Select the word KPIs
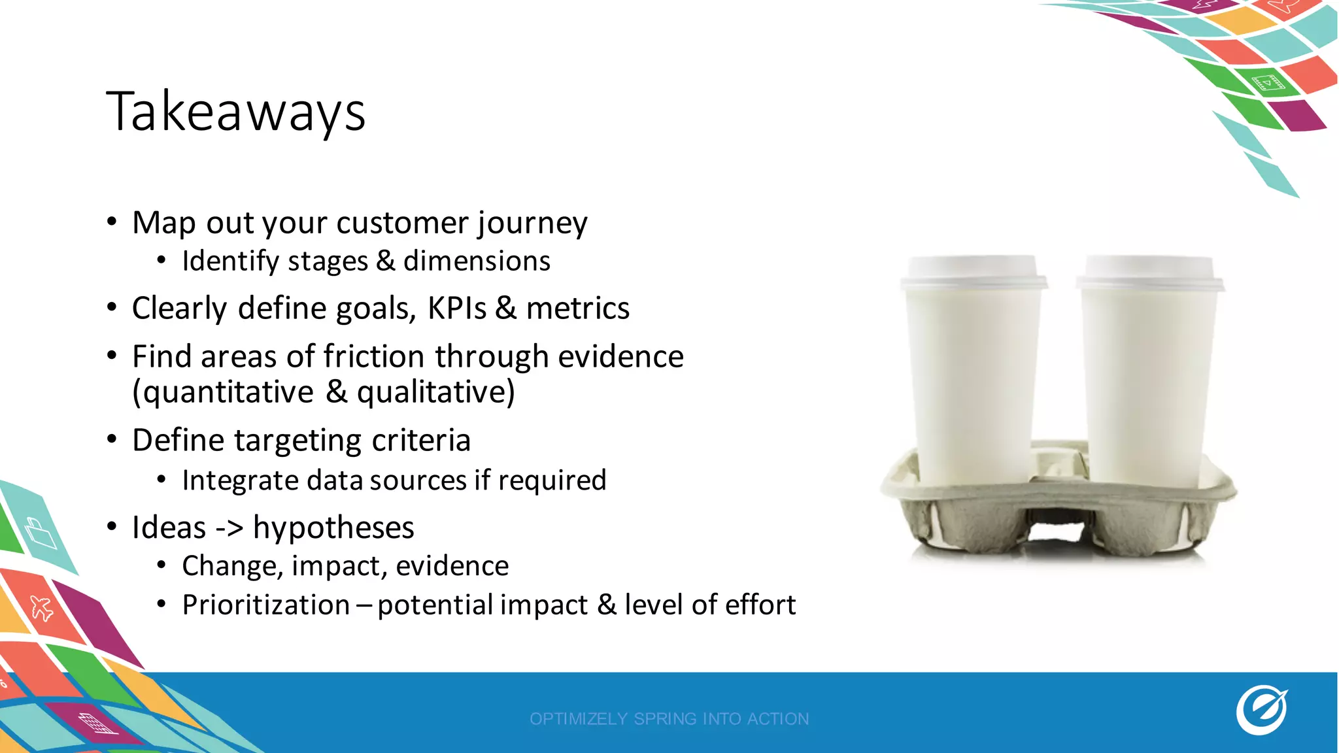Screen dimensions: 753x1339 click(456, 309)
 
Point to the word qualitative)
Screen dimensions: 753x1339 click(435, 392)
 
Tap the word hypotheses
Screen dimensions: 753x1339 click(333, 527)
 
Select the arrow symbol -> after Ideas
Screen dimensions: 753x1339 click(229, 528)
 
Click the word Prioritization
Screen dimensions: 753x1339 click(265, 605)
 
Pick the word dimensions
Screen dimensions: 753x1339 click(477, 261)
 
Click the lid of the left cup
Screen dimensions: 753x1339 click(973, 272)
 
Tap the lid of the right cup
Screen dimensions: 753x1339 click(1149, 272)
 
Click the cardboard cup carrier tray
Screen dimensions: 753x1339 click(1059, 516)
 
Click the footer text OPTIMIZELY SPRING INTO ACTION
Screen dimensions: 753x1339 click(669, 719)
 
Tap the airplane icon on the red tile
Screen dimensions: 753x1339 click(42, 608)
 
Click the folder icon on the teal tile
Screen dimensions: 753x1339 click(41, 533)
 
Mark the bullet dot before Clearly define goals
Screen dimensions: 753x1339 click(112, 307)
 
